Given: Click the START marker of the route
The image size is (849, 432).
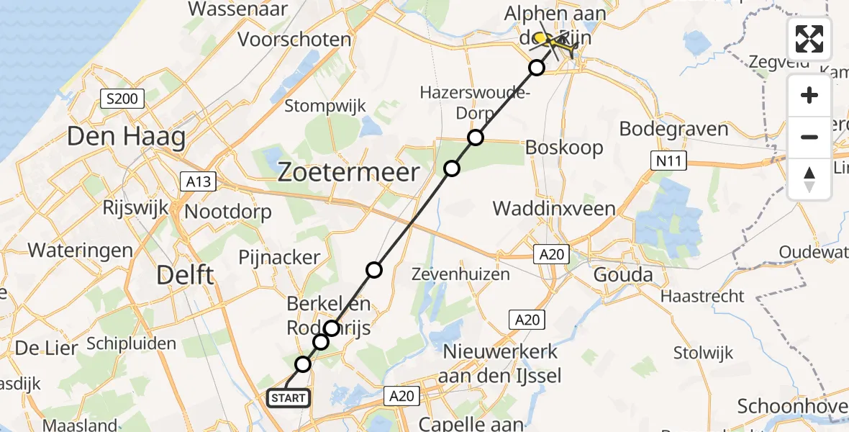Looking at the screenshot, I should coord(289,397).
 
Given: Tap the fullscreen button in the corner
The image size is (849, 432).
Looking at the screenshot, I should coord(809,39).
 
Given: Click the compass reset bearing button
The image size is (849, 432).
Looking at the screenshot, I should coord(809,179).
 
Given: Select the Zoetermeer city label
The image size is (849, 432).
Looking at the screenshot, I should coord(348,173).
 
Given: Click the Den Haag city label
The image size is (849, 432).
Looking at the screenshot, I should coord(126,137).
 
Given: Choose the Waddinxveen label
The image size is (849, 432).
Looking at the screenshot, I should coord(553,209).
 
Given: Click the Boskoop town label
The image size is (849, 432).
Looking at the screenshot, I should coord(564,147).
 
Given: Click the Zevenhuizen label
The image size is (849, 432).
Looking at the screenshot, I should coord(460,274).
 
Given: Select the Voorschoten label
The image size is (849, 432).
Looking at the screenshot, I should coord(294,39).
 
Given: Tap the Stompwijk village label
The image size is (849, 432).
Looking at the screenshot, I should coord(325,107).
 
